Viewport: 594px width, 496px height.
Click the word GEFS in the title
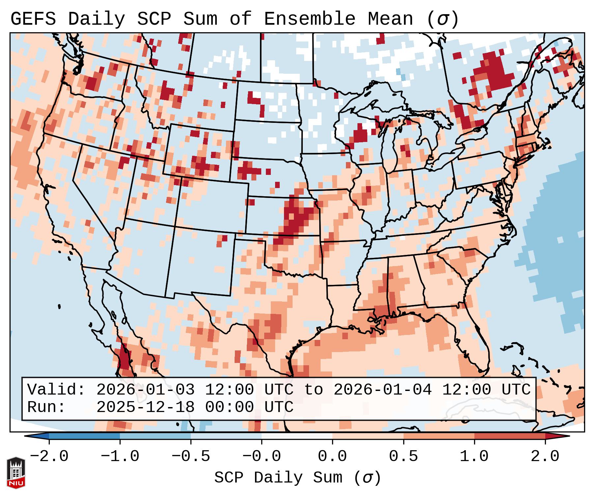(33, 19)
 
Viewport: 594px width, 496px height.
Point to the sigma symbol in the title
(442, 19)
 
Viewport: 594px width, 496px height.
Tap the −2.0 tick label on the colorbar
(49, 456)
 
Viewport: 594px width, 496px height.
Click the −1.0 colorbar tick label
(120, 456)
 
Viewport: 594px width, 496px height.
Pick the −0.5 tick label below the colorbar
(191, 456)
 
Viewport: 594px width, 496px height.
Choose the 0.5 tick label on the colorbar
(404, 456)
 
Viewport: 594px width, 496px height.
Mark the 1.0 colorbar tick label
(474, 456)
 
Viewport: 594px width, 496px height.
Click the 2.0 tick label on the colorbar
(545, 456)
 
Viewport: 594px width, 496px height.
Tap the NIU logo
(16, 473)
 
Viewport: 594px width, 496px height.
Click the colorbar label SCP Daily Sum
(278, 478)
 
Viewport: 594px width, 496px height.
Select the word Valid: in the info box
(56, 390)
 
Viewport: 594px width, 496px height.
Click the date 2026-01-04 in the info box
(383, 390)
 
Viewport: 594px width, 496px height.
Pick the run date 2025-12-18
(145, 407)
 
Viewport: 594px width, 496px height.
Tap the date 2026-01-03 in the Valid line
(145, 390)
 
